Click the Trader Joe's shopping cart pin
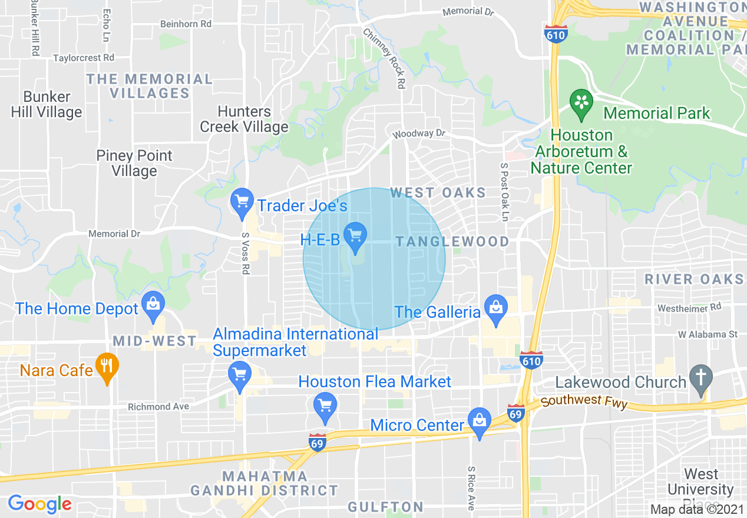coord(242,202)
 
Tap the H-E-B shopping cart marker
coord(355,237)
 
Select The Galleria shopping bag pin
coord(496,307)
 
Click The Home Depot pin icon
coord(153,304)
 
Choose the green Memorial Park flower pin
coord(581,102)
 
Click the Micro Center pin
coord(480,421)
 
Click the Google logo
coord(39,504)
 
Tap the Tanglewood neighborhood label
coord(452,241)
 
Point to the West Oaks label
coord(438,192)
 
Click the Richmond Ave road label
coord(158,407)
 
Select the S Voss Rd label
coord(246,253)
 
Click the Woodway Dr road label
coord(419,134)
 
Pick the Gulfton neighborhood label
coord(385,507)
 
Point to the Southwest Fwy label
coord(584,403)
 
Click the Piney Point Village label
coord(134,163)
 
